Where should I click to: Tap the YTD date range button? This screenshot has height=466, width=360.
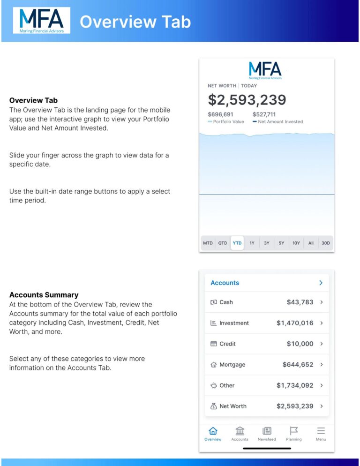(x=237, y=243)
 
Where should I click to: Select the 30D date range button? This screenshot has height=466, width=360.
(x=325, y=243)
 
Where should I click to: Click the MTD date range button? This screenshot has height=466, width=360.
(x=208, y=243)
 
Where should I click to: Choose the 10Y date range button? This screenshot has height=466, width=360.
(x=296, y=243)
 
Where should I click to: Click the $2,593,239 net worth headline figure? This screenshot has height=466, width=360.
(x=247, y=100)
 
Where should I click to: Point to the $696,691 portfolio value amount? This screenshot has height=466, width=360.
(x=220, y=114)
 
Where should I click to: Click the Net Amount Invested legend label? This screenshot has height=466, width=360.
(x=280, y=122)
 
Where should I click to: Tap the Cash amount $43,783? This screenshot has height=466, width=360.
(x=300, y=302)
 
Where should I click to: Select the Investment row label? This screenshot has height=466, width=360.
(x=234, y=323)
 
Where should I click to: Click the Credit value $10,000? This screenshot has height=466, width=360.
(x=300, y=344)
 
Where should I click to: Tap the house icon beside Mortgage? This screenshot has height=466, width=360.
(x=214, y=365)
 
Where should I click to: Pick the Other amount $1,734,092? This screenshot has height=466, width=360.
(x=295, y=385)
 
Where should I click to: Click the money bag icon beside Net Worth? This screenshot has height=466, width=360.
(x=214, y=406)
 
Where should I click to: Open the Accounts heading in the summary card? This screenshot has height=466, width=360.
(x=225, y=283)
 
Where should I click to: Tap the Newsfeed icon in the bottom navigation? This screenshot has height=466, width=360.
(x=267, y=431)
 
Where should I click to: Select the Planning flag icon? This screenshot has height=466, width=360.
(x=294, y=431)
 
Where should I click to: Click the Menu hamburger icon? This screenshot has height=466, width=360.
(x=321, y=431)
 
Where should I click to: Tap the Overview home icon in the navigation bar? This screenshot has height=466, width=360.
(x=213, y=431)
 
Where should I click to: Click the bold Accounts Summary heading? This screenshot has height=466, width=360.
(x=44, y=295)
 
